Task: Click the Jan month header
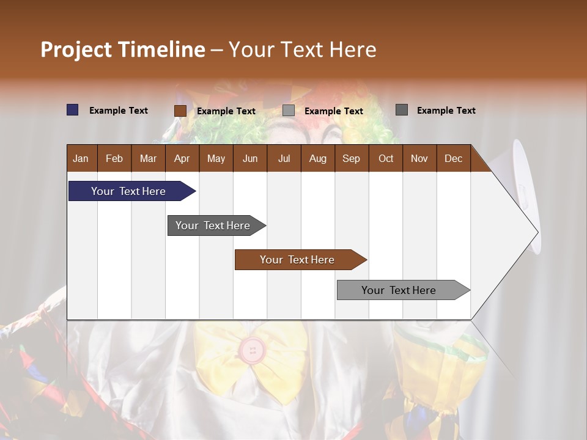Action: point(81,158)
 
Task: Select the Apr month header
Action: point(182,158)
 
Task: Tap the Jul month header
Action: point(284,158)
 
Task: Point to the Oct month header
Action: point(385,158)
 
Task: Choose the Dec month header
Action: point(453,158)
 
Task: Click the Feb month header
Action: point(114,158)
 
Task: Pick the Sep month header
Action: point(351,158)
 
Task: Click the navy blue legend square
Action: point(73,110)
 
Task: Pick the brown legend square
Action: point(180,111)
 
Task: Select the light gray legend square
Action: point(289,111)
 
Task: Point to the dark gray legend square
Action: point(402,110)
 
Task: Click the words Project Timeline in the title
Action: point(123,50)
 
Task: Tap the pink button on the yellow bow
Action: point(252,350)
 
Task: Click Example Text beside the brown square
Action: point(226,111)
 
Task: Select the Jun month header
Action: point(250,158)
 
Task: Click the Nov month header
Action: point(419,158)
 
